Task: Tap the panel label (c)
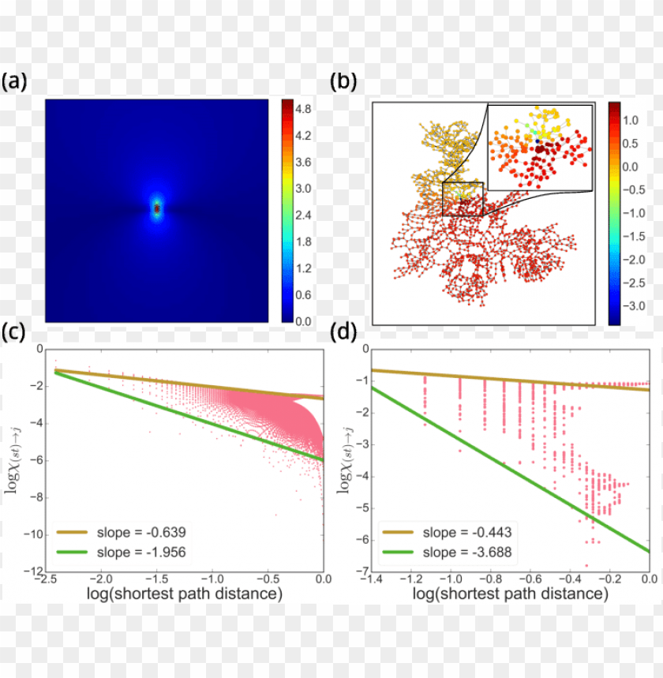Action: pyautogui.click(x=15, y=333)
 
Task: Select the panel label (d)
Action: pyautogui.click(x=343, y=333)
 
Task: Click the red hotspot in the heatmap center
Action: pyautogui.click(x=157, y=208)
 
